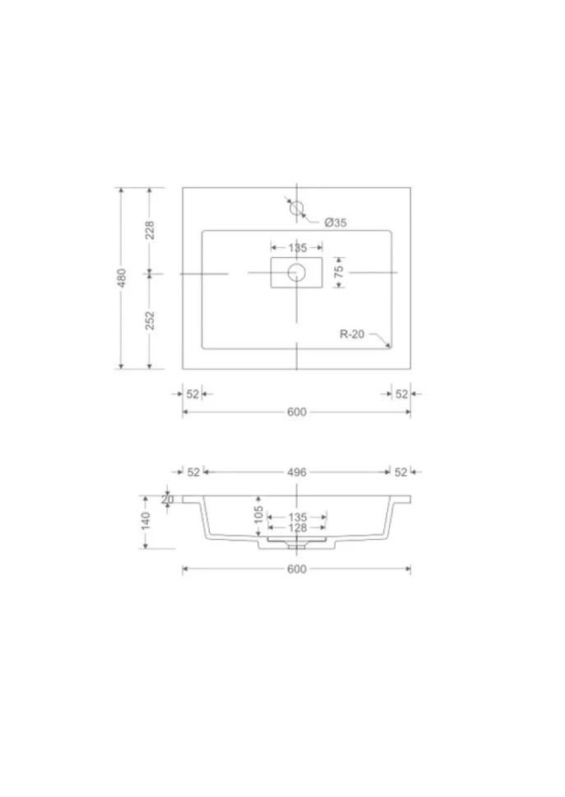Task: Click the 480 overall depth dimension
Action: pos(122,278)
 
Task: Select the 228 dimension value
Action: pos(150,230)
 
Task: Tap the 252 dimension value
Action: pos(150,320)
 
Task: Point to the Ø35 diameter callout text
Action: pos(336,223)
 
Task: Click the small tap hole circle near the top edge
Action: pos(297,207)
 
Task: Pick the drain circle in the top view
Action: pos(297,273)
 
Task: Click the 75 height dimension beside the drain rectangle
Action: pos(339,271)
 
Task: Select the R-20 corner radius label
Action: pos(352,334)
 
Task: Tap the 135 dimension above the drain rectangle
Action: pos(298,247)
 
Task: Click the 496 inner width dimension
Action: pos(297,472)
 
